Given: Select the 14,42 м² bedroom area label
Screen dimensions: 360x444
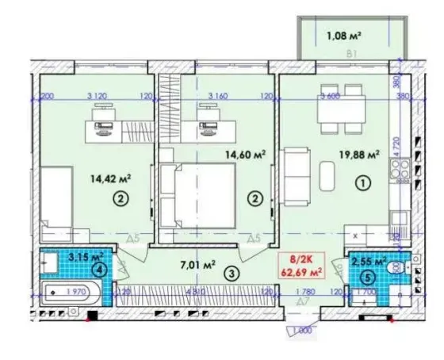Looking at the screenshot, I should point(110,179).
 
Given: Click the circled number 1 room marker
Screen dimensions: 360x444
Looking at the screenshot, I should point(362,184).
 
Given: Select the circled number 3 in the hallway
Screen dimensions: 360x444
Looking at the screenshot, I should point(230,275).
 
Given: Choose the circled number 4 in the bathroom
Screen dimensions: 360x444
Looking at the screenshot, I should point(98,269).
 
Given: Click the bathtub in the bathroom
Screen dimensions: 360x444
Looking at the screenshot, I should point(67,296).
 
